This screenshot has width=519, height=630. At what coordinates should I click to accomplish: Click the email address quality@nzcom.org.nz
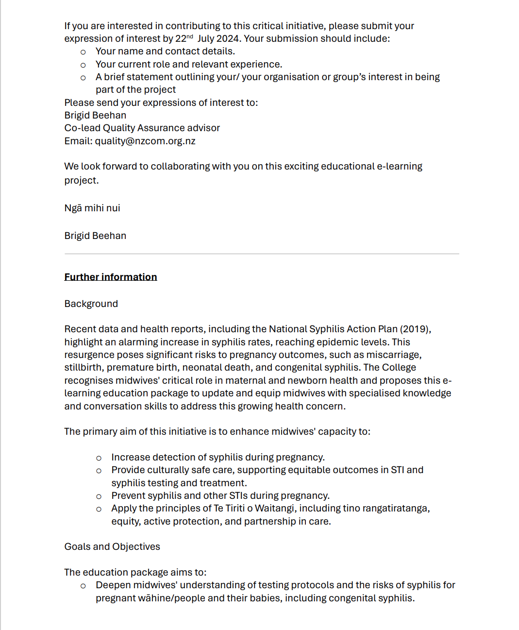[x=145, y=141]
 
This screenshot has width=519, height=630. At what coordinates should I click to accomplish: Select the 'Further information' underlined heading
[x=111, y=277]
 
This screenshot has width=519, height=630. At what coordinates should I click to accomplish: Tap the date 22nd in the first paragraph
[x=184, y=38]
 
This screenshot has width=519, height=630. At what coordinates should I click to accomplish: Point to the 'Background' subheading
[x=91, y=304]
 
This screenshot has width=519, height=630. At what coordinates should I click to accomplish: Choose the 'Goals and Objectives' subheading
[x=112, y=547]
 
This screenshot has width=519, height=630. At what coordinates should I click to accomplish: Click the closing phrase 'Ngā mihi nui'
[x=92, y=208]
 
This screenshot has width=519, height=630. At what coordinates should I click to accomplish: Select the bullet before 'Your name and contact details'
[x=83, y=52]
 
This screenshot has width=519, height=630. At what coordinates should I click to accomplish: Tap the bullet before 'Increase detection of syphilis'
[x=99, y=458]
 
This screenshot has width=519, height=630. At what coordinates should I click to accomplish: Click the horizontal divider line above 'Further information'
[x=262, y=254]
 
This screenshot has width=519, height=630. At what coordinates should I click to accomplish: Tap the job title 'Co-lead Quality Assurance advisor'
[x=142, y=128]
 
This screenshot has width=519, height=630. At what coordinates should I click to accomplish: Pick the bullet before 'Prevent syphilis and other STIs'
[x=99, y=496]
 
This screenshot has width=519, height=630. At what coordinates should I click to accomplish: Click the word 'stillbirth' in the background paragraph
[x=84, y=368]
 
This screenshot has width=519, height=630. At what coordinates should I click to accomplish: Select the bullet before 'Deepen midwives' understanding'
[x=83, y=586]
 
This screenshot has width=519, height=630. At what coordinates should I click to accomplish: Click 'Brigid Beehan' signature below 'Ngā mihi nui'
[x=95, y=236]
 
